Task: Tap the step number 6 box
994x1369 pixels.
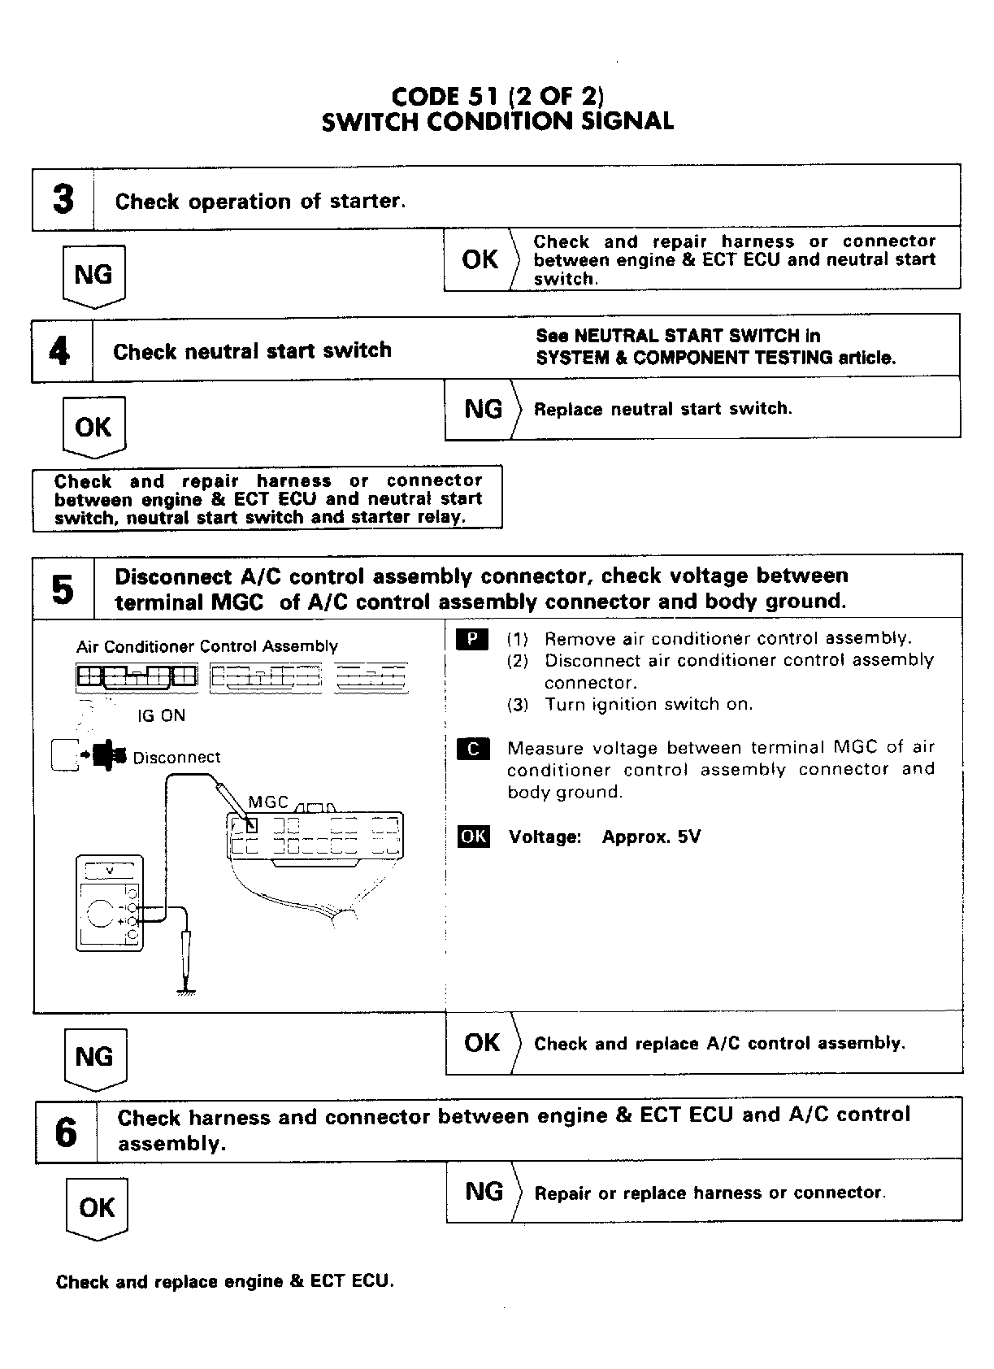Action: [x=66, y=1131]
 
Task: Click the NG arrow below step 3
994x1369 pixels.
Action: [x=93, y=276]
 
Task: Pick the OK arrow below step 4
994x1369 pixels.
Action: [x=93, y=428]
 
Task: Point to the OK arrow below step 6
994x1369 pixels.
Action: [x=97, y=1209]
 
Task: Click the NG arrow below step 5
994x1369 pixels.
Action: [x=94, y=1058]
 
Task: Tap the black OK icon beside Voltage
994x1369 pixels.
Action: [x=474, y=837]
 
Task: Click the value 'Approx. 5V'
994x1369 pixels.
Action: [x=651, y=837]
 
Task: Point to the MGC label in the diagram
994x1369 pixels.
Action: [x=268, y=802]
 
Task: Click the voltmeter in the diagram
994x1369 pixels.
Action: [x=110, y=902]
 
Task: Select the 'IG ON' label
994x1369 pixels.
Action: [x=161, y=716]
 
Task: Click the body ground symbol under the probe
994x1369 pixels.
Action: [x=186, y=990]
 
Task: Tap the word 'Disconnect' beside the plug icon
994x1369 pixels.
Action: [x=176, y=758]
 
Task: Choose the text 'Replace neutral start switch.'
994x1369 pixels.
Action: [x=662, y=409]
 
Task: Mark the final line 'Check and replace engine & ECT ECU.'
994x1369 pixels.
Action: [x=224, y=1282]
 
